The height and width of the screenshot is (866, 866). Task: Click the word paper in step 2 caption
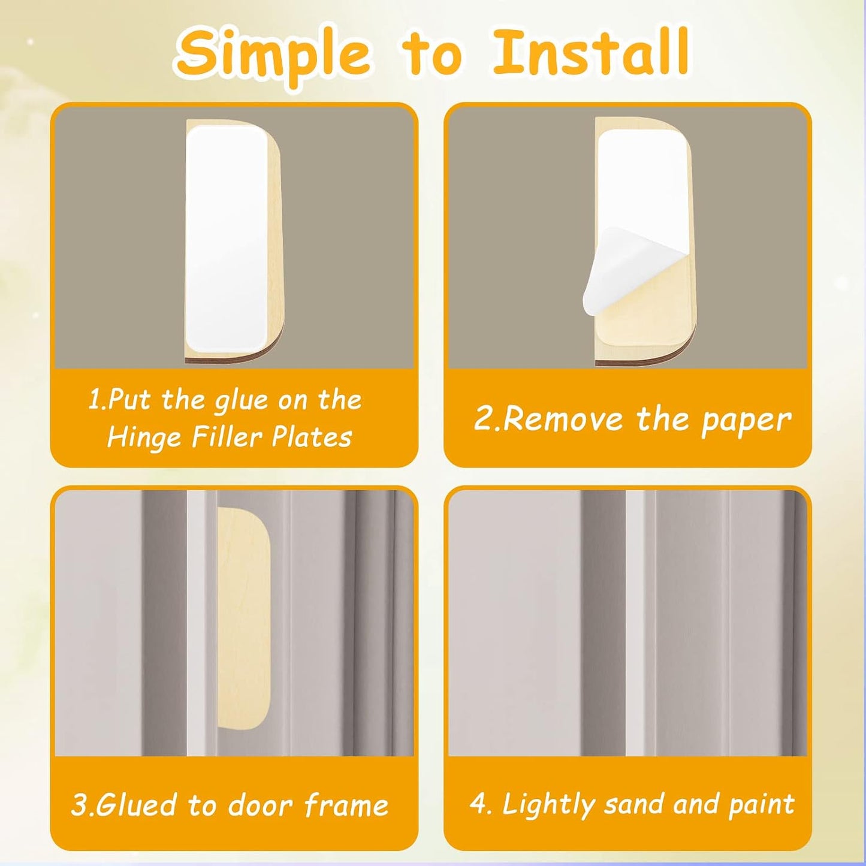coord(746,421)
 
